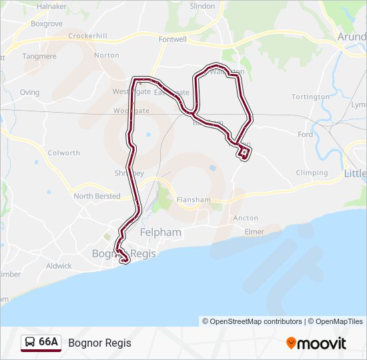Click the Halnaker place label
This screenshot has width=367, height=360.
point(52,6)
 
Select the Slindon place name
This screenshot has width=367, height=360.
point(203,6)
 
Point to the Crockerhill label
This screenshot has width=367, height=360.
point(87,36)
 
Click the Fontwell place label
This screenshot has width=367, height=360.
point(173,39)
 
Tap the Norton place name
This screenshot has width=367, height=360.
point(107,55)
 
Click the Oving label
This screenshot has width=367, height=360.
point(29,93)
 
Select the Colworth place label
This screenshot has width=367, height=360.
point(64,153)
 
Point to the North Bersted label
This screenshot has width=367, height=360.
point(97,196)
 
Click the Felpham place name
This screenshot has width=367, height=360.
point(161,232)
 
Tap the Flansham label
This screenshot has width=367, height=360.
point(194,199)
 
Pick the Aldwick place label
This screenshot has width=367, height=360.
point(59,265)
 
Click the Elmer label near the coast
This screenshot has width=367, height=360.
point(254,232)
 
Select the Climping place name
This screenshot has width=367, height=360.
point(312,173)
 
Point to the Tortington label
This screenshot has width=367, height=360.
point(310,97)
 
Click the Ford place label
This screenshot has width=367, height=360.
point(306,135)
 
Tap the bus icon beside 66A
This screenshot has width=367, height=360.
point(30,343)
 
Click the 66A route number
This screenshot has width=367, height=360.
point(49,343)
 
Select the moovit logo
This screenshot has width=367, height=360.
point(316,343)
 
